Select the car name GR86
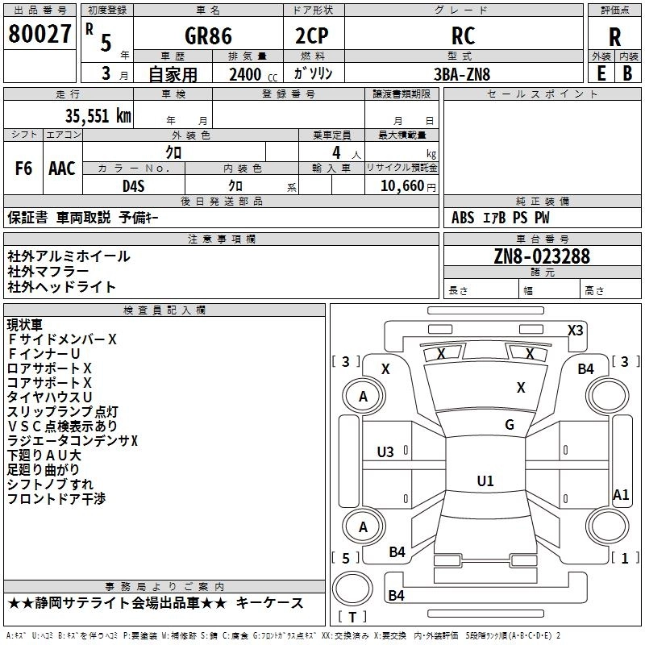tap(208, 36)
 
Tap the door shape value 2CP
tap(314, 36)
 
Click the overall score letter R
tap(614, 36)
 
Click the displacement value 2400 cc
tap(245, 74)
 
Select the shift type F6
tap(24, 169)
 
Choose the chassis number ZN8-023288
tap(542, 256)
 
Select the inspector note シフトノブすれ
tap(50, 484)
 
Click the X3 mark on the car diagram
tap(576, 330)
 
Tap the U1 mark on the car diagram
tap(485, 481)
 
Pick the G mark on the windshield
tap(510, 425)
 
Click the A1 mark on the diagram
tap(621, 495)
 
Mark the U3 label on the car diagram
tap(386, 451)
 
